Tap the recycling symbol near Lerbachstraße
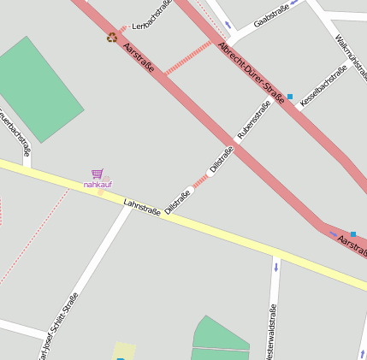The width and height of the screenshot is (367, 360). tap(112, 37)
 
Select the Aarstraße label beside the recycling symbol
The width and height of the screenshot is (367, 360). tap(139, 57)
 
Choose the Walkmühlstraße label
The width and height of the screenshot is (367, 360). tap(352, 57)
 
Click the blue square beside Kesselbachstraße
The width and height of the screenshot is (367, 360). tap(290, 97)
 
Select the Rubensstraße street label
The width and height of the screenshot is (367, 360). tap(254, 119)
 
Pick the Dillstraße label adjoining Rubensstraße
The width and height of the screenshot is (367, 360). tap(222, 160)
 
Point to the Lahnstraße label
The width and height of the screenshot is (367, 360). tap(142, 207)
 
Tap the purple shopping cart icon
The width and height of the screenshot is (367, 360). tap(98, 174)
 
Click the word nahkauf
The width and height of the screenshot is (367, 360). tap(97, 184)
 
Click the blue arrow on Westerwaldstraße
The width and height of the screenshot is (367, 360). tap(275, 267)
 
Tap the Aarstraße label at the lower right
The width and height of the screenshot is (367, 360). tap(352, 245)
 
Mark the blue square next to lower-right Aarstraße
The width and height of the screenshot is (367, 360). tap(352, 233)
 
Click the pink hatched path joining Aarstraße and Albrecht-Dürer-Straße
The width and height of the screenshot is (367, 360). tap(187, 56)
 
